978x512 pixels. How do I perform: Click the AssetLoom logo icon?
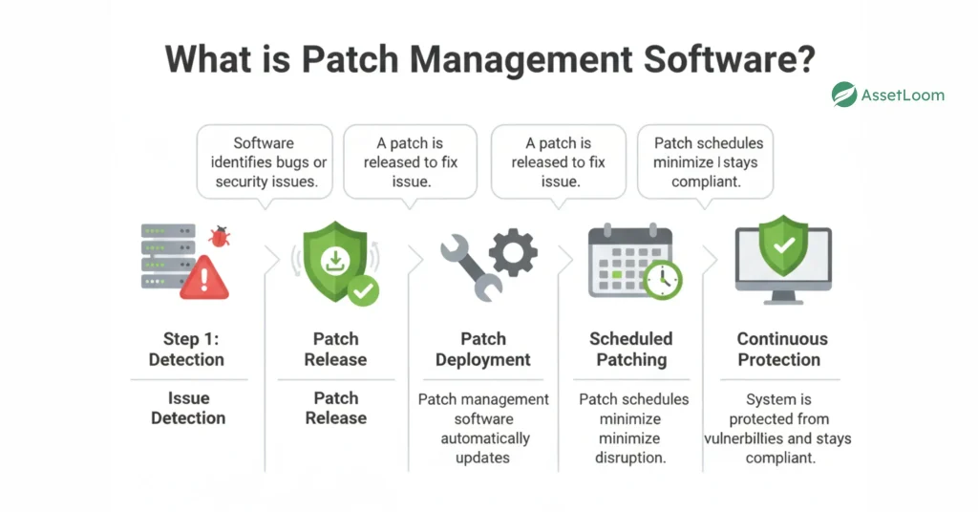coord(843,95)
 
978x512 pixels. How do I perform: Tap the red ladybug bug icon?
coord(220,236)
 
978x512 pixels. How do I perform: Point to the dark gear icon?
coord(513,251)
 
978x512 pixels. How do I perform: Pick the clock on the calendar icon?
coord(662,279)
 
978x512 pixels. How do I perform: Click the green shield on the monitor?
coord(783,246)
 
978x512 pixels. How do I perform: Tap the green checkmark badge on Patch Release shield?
coord(363,289)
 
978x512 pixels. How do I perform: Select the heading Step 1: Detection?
coord(187,349)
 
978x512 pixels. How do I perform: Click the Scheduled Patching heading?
coord(631,349)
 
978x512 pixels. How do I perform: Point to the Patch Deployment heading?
coord(483,349)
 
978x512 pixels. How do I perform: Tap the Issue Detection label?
coord(188,408)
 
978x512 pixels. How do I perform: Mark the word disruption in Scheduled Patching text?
coord(631,458)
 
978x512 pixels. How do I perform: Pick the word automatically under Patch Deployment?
coord(485,438)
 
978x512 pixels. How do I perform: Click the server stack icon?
coord(168,256)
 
